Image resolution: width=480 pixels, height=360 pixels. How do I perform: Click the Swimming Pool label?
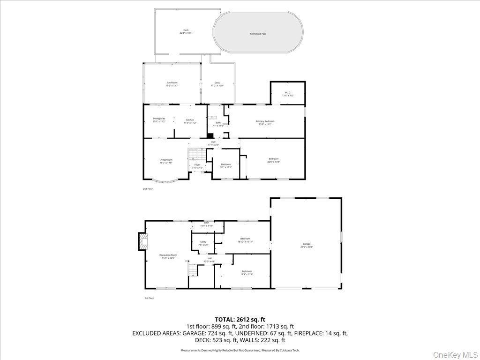(x=258, y=34)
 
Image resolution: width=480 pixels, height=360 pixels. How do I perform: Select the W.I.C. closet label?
(x=287, y=93)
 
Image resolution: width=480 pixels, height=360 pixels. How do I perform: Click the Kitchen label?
(x=190, y=120)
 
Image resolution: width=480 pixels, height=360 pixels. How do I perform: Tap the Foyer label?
(x=197, y=165)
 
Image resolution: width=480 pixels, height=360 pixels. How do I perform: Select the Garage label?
(x=307, y=244)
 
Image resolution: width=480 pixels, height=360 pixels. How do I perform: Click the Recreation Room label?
(x=168, y=255)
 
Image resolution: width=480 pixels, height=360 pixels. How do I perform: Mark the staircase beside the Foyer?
(x=194, y=154)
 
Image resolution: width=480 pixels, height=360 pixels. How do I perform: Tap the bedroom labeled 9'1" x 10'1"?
(x=226, y=165)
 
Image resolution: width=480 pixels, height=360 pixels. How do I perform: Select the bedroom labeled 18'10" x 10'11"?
(x=245, y=240)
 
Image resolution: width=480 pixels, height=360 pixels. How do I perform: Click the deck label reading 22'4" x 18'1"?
(x=186, y=31)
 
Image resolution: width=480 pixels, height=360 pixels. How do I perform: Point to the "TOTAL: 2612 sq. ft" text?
(x=240, y=319)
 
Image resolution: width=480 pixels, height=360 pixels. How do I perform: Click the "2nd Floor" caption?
(x=148, y=189)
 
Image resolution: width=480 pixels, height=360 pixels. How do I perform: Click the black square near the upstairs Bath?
(x=210, y=135)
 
